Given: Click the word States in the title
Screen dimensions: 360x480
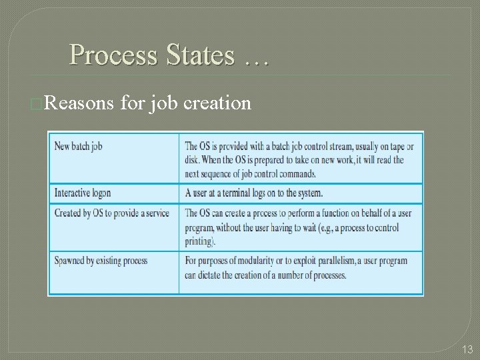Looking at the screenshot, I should coord(197,55).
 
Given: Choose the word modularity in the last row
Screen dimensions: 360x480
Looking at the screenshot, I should coord(253,261).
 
